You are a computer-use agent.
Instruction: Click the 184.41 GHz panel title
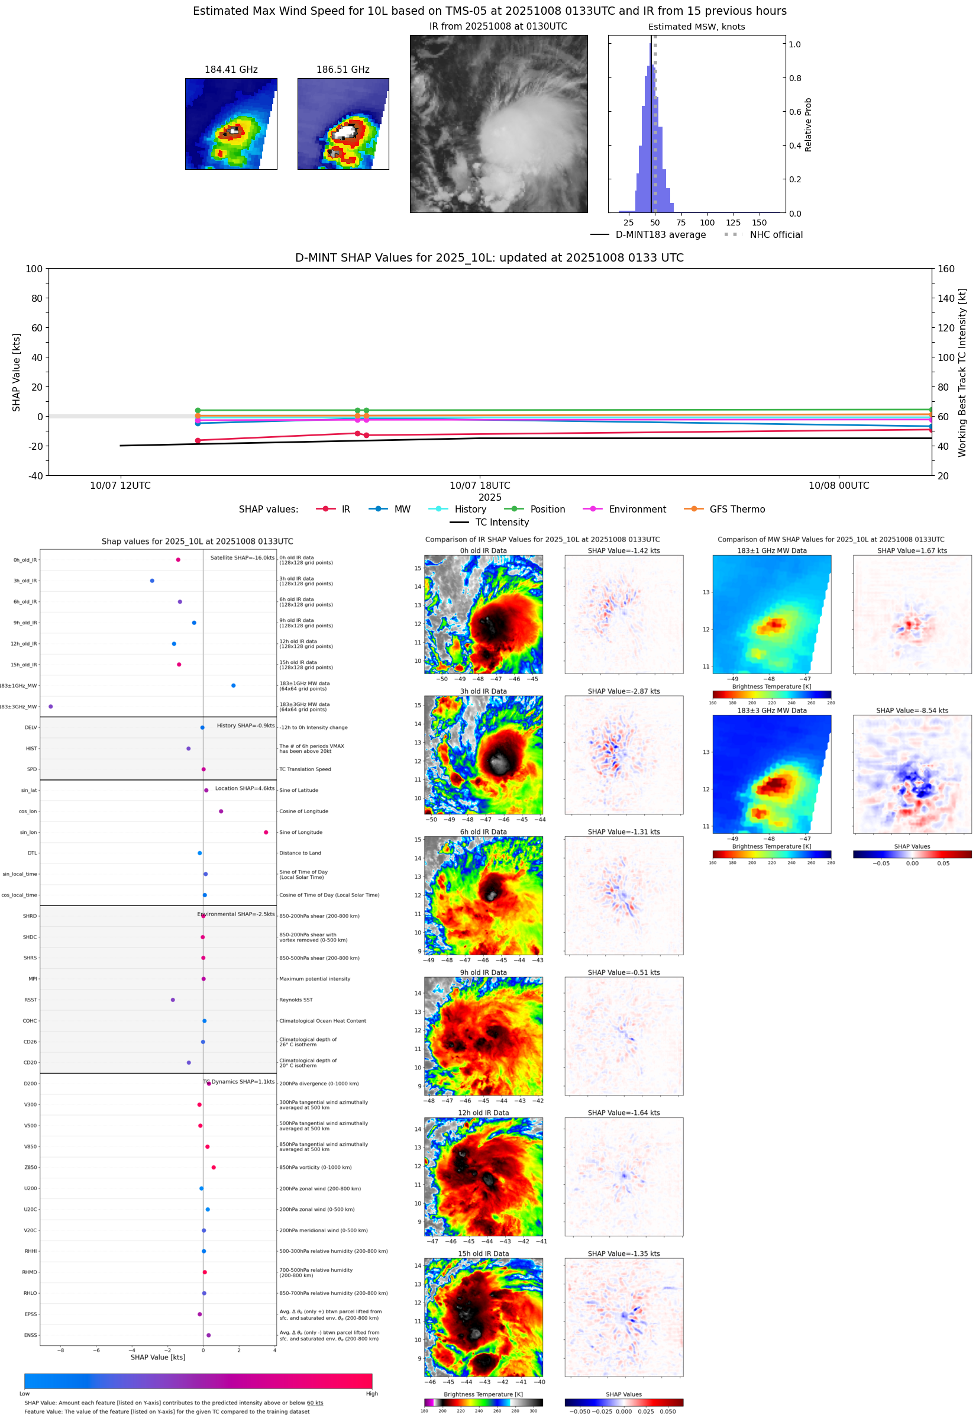pos(231,70)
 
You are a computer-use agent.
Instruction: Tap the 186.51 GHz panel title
pos(343,70)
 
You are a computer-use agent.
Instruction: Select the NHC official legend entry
pos(776,235)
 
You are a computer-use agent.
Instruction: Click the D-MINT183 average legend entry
pos(660,235)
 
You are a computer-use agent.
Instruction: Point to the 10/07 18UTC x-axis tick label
pos(480,486)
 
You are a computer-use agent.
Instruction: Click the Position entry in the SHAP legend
pos(547,510)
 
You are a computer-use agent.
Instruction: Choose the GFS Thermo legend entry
pos(736,510)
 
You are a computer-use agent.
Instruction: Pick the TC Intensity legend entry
pos(501,523)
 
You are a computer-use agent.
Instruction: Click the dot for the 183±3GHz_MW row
pos(51,707)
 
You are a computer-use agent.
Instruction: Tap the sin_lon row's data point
pos(266,833)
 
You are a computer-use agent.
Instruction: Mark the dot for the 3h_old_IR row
pos(152,581)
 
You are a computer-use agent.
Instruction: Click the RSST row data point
pos(173,1000)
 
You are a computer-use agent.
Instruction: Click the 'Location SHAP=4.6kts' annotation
pos(245,789)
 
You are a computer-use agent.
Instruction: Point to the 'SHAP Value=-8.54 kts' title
pos(912,711)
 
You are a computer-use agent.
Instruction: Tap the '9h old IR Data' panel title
pos(483,973)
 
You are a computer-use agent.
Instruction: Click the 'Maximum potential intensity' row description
pos(315,979)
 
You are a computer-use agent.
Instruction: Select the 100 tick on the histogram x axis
pos(707,223)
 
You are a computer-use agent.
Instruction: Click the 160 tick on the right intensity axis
pos(946,269)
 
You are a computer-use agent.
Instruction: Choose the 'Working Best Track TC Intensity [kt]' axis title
pos(962,372)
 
